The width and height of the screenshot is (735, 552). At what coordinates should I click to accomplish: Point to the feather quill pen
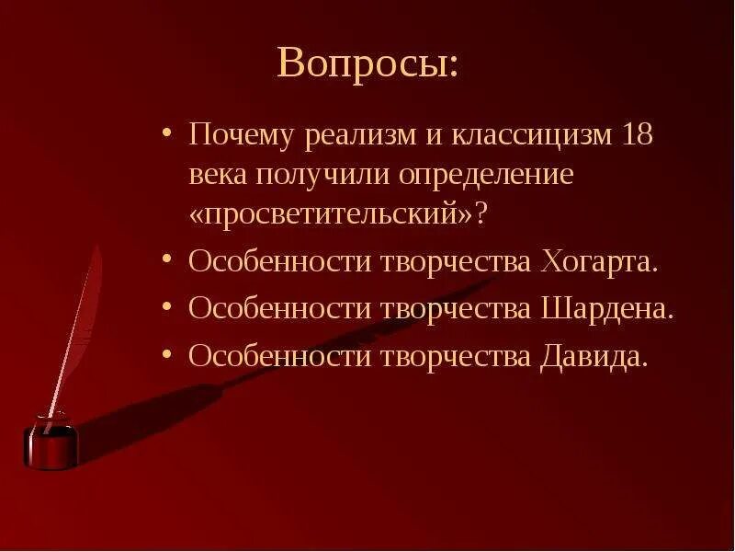[78, 322]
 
